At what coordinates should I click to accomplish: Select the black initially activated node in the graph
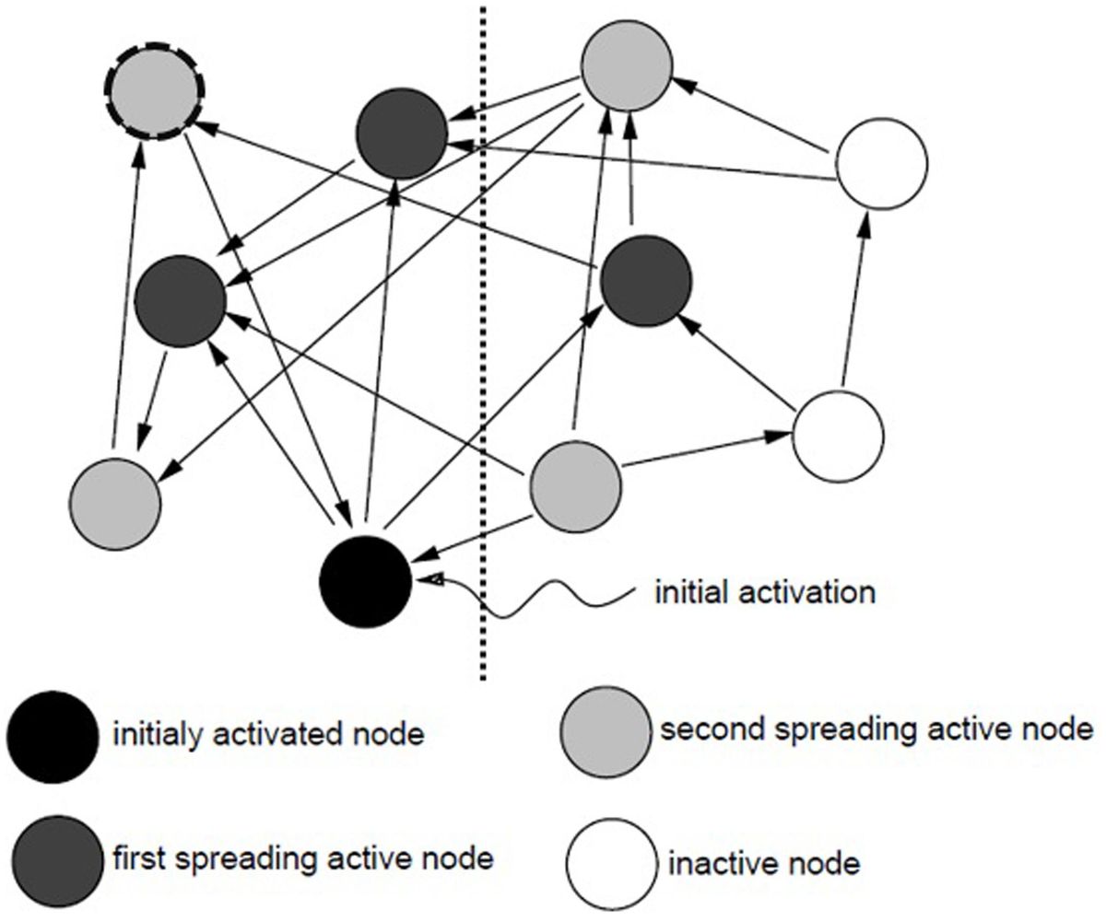click(x=365, y=580)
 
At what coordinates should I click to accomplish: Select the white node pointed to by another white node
click(x=881, y=164)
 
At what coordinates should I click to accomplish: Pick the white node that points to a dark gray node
click(x=839, y=435)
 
